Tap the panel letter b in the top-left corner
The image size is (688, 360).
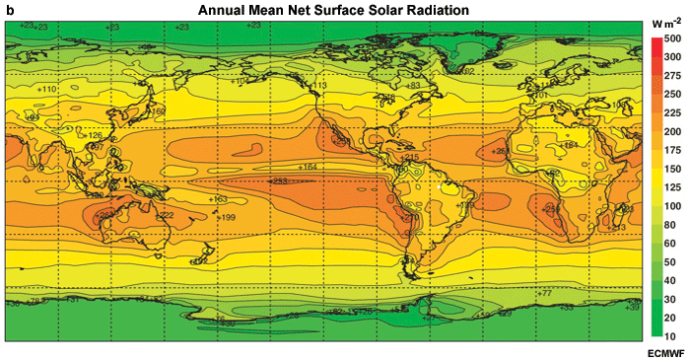click(x=10, y=9)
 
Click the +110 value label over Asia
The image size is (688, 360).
click(x=47, y=89)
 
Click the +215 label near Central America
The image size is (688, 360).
click(x=411, y=158)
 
